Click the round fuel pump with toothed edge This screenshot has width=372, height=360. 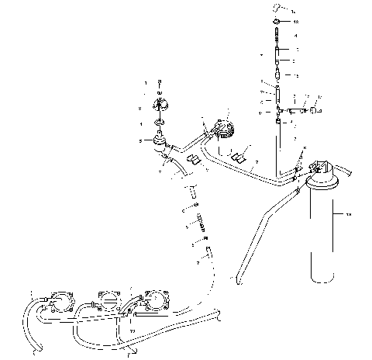(x=225, y=126)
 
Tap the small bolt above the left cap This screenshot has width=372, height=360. (x=159, y=83)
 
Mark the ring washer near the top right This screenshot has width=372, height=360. (x=277, y=22)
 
